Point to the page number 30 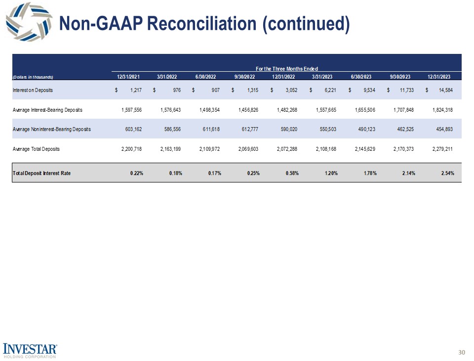tap(462, 352)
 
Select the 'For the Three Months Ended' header tap(286, 68)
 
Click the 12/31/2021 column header tap(128, 77)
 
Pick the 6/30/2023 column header tap(361, 77)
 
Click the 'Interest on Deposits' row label tap(33, 90)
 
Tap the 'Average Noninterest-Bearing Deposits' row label tap(52, 129)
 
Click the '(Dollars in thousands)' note tap(33, 77)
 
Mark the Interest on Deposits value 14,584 tap(442, 90)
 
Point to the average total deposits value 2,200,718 tap(131, 149)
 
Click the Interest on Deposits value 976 tap(176, 90)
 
